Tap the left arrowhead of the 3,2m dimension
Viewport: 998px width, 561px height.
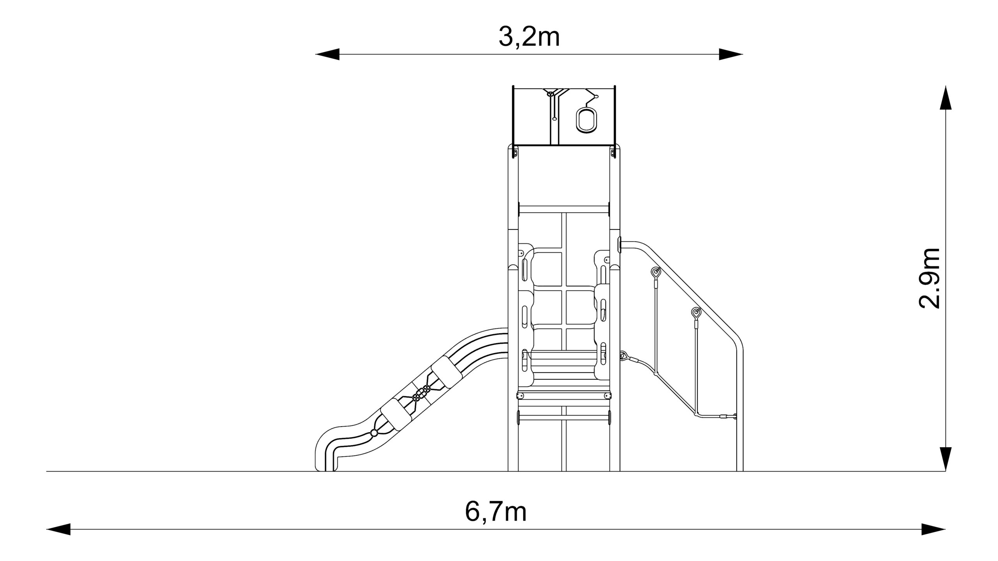(x=327, y=54)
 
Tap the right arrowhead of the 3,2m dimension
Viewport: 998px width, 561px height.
(x=731, y=54)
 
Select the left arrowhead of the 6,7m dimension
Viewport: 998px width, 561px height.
(x=58, y=529)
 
